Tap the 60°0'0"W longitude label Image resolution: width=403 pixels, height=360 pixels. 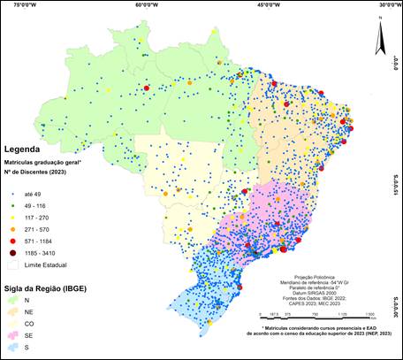(148, 4)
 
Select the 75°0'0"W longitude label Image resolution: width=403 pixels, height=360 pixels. (19, 4)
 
